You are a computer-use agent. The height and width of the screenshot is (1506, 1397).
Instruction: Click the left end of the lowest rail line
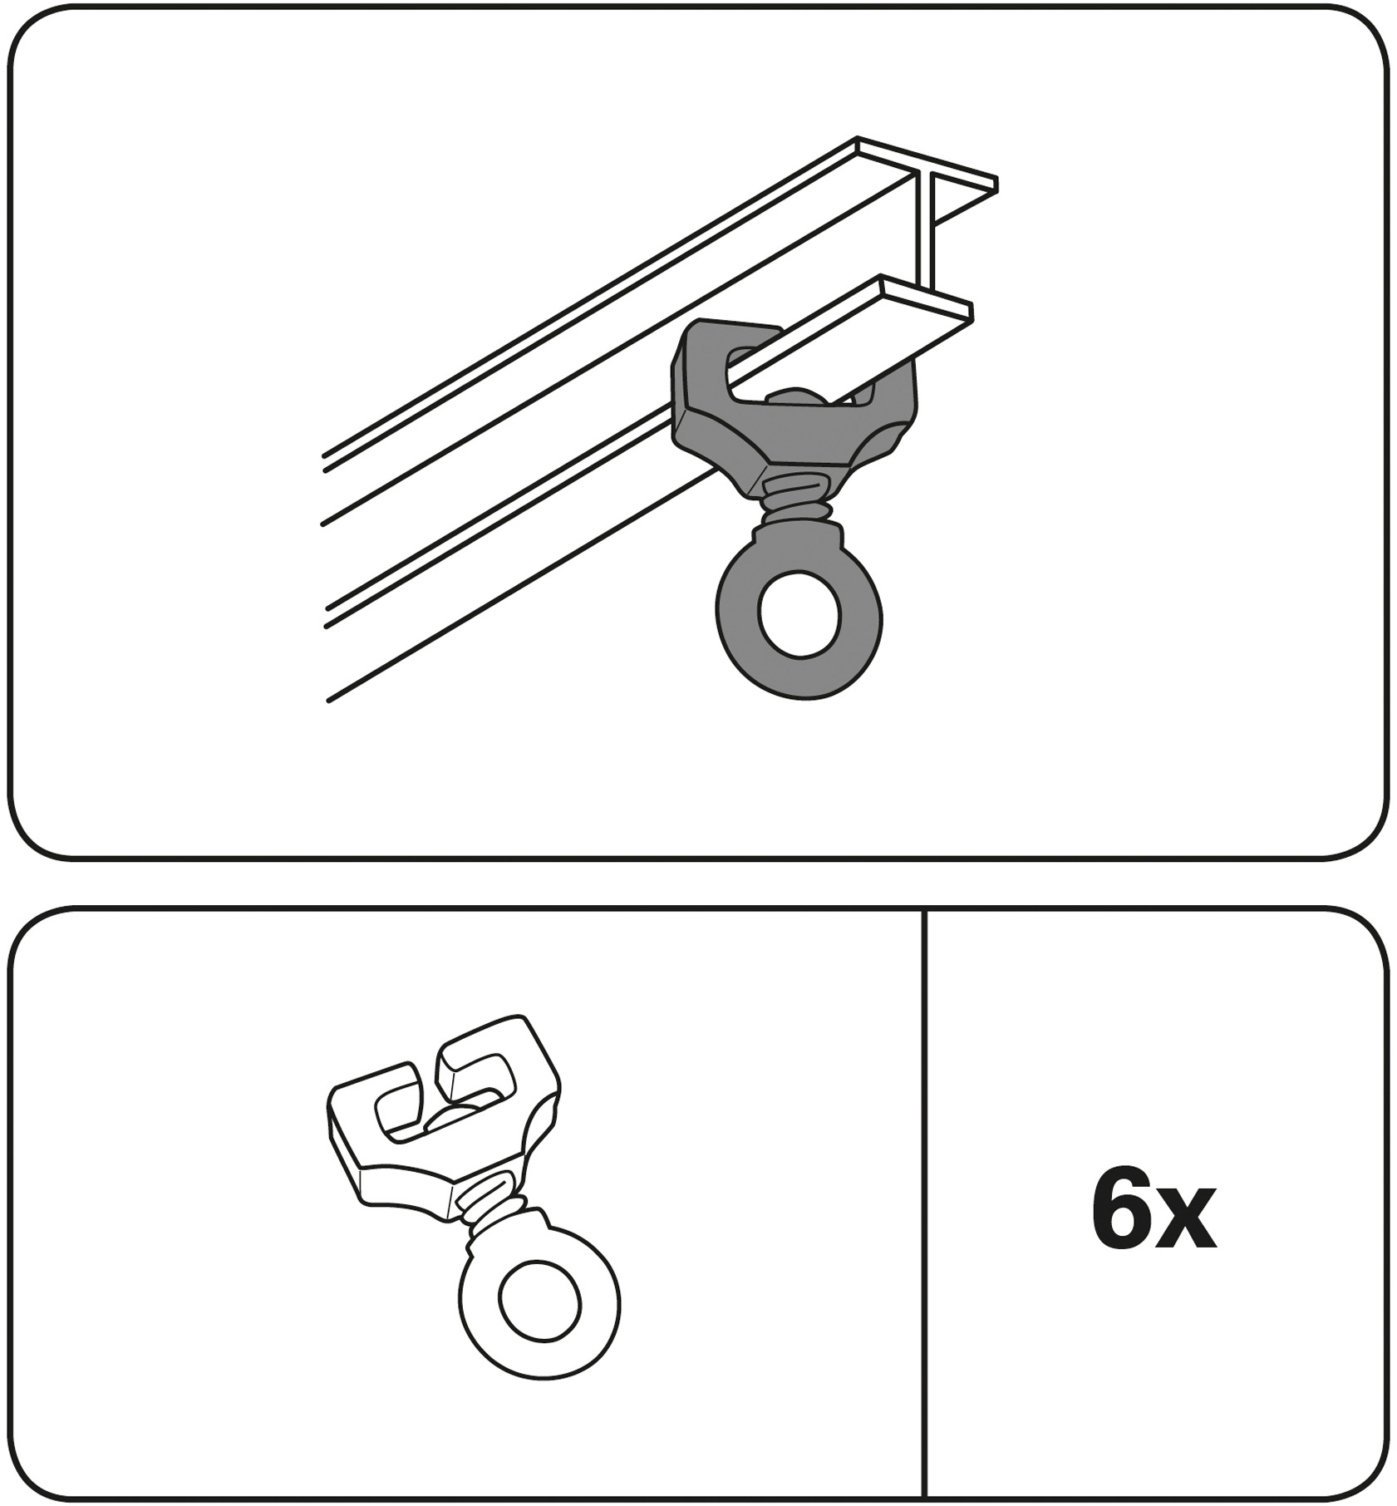[x=329, y=701]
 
